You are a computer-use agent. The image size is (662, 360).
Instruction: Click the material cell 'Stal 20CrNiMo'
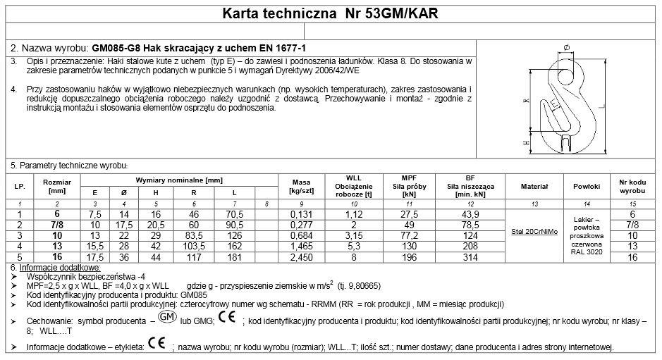pos(534,230)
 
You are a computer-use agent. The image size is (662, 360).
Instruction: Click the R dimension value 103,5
pos(194,246)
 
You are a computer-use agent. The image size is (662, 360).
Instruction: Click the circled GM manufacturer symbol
pos(167,317)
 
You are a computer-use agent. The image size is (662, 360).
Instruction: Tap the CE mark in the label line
pos(157,346)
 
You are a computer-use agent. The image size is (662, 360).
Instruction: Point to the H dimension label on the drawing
pos(526,142)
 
